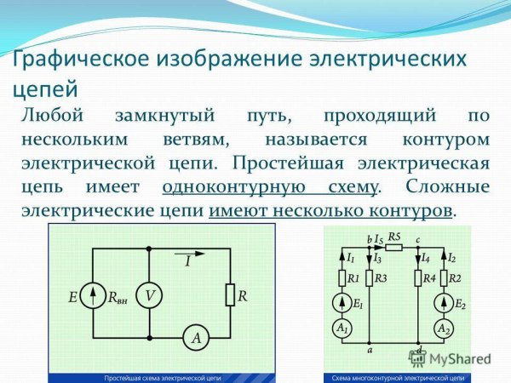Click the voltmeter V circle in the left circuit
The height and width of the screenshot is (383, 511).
coord(149,296)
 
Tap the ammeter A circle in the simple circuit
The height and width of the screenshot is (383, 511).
coord(196,339)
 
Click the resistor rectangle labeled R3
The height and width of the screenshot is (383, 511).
coord(370,277)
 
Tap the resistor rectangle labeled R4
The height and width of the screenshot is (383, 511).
coord(419,277)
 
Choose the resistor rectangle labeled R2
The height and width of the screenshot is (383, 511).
coord(444,277)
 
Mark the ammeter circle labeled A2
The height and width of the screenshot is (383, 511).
coord(444,329)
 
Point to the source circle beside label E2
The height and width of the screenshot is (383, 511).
coord(444,304)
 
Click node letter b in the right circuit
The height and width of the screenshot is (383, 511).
coord(368,239)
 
